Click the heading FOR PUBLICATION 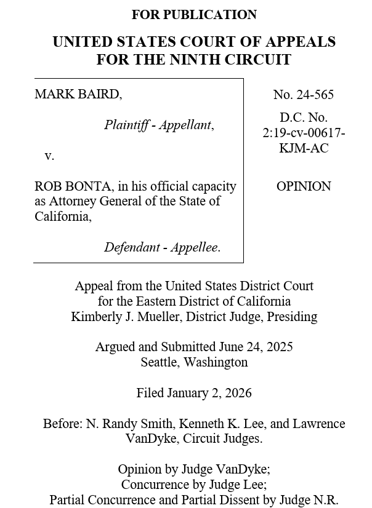tap(194, 14)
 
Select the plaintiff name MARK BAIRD tap(78, 94)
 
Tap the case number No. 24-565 tap(304, 94)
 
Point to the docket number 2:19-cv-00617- tap(304, 133)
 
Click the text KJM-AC tap(304, 148)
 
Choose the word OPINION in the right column tap(304, 186)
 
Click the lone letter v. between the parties tap(49, 156)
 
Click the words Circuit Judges tap(224, 439)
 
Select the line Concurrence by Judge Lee tap(194, 484)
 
